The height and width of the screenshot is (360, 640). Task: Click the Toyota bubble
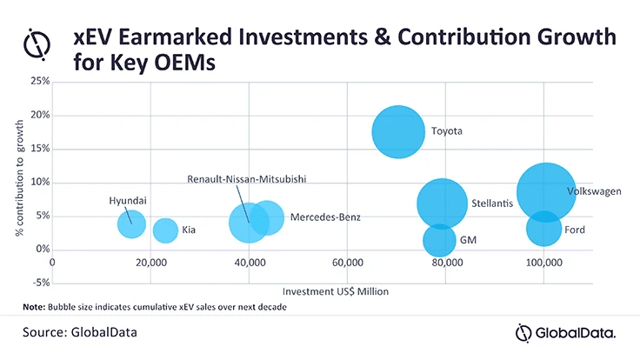click(x=399, y=132)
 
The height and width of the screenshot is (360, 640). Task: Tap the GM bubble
click(x=440, y=240)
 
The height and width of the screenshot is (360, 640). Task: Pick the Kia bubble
click(x=166, y=230)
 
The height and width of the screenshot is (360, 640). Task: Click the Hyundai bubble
click(x=131, y=223)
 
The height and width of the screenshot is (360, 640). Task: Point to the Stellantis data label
click(x=491, y=203)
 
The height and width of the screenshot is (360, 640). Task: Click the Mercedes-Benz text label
click(x=324, y=217)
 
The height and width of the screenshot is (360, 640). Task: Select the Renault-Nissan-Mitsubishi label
click(x=248, y=179)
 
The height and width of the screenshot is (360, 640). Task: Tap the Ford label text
click(x=575, y=230)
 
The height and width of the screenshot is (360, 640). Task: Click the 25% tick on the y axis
click(x=38, y=82)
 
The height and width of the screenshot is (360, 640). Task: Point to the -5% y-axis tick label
click(x=38, y=283)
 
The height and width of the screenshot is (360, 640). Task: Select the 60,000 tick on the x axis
click(x=347, y=263)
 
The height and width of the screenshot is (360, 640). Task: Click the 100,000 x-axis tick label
click(x=543, y=263)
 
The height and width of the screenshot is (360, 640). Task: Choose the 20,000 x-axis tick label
click(x=150, y=263)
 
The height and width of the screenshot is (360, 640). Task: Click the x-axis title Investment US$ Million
click(x=336, y=290)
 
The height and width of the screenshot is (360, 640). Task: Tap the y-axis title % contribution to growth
click(x=18, y=183)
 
